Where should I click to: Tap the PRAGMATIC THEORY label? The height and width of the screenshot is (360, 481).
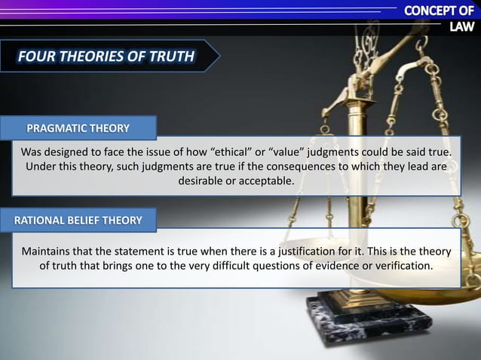[78, 127]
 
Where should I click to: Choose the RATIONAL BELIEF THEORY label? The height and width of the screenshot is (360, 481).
[78, 220]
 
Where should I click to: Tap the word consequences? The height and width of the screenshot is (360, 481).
[296, 166]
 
